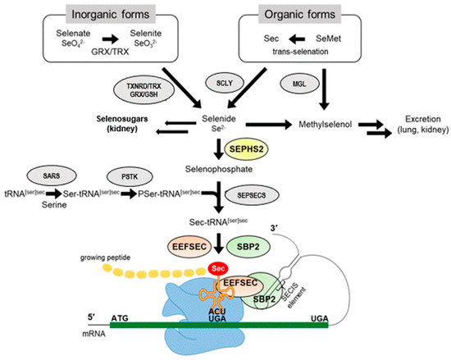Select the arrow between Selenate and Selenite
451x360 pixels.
tap(135, 36)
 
